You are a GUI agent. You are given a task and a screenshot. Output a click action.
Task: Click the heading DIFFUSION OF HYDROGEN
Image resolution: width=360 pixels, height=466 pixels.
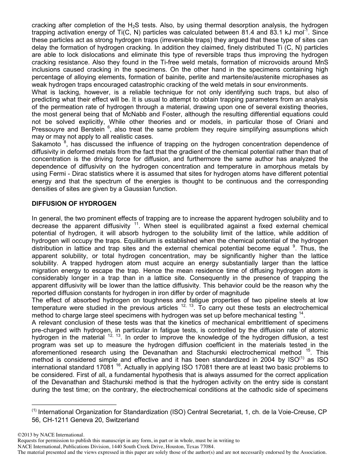(x=74, y=203)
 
